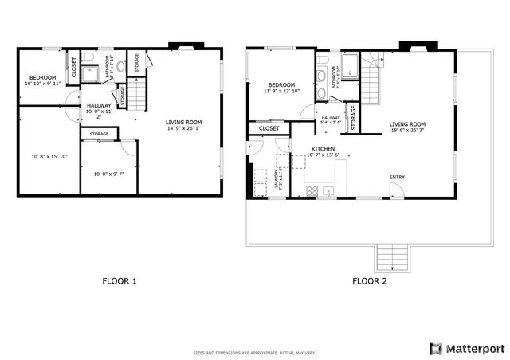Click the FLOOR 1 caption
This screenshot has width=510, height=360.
[x=120, y=281]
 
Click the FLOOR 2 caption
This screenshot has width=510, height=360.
[x=370, y=281]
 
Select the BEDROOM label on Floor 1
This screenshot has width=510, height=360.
[x=42, y=77]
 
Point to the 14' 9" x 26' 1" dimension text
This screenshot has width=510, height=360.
[x=183, y=129]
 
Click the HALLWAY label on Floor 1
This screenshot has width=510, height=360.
[x=99, y=106]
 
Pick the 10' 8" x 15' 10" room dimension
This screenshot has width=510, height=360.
[x=48, y=156]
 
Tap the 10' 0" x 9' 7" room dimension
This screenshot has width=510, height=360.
[x=108, y=174]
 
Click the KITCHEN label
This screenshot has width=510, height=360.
[x=300, y=149]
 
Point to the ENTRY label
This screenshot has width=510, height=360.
[x=396, y=177]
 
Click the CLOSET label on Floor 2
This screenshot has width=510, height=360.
[x=269, y=128]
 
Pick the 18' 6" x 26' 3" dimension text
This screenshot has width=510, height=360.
[x=407, y=130]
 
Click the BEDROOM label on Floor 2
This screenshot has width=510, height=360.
[x=281, y=85]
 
